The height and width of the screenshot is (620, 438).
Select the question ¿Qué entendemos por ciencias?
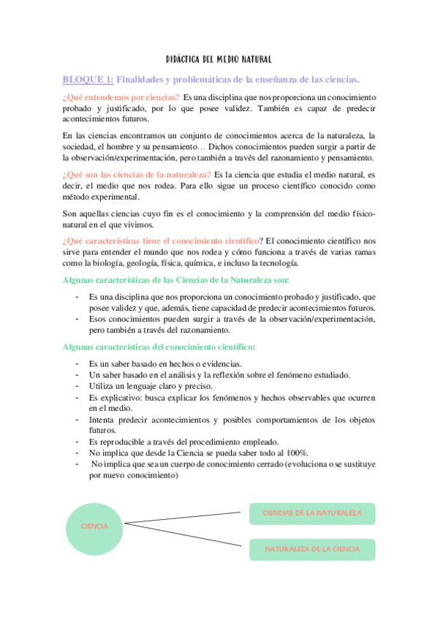121,98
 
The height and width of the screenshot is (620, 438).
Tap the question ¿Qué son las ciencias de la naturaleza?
137,174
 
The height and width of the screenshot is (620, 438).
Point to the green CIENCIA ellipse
95,526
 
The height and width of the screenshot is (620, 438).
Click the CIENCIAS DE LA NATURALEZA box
312,513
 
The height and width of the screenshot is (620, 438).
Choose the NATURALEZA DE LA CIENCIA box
312,549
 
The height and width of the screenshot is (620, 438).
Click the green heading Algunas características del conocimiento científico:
159,347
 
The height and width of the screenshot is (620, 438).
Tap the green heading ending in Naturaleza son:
166,281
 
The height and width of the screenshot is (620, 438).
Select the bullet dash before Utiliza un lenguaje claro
77,386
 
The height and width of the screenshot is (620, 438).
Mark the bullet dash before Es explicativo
77,397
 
